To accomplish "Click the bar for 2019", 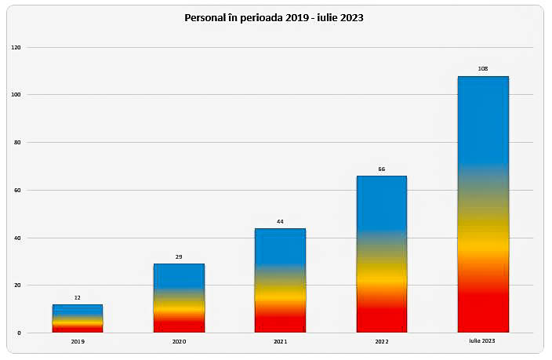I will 77,318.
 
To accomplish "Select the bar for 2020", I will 179,298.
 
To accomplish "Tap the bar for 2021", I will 280,280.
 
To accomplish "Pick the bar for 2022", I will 381,254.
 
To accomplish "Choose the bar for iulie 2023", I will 483,204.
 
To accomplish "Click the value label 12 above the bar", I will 77,297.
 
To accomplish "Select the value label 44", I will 280,222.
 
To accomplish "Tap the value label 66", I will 381,169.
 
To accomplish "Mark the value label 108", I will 483,69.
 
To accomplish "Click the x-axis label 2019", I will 77,342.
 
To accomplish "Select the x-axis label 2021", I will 280,342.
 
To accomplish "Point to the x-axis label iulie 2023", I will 483,342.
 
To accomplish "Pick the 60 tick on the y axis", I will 16,191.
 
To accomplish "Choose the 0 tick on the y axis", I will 18,333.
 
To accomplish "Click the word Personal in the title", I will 205,17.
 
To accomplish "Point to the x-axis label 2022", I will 381,342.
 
